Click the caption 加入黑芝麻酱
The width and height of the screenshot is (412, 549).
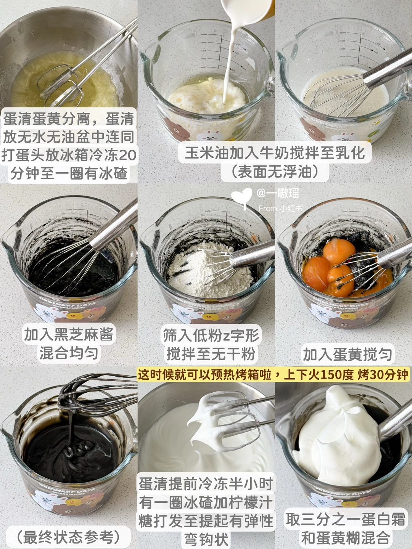(69, 334)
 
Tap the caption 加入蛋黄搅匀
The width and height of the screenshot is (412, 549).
(347, 354)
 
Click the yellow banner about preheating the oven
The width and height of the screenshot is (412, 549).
(273, 375)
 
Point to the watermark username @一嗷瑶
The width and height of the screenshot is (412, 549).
(278, 194)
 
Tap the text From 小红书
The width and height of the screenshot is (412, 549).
(280, 208)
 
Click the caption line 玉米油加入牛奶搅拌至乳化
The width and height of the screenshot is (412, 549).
(275, 152)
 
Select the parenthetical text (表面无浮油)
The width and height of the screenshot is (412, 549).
(275, 172)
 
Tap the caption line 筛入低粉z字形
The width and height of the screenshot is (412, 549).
(211, 334)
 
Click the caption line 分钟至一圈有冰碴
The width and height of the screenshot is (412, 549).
(69, 173)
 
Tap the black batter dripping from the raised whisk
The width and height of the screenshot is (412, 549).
(71, 423)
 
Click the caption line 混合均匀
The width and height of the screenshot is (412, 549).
(69, 353)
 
